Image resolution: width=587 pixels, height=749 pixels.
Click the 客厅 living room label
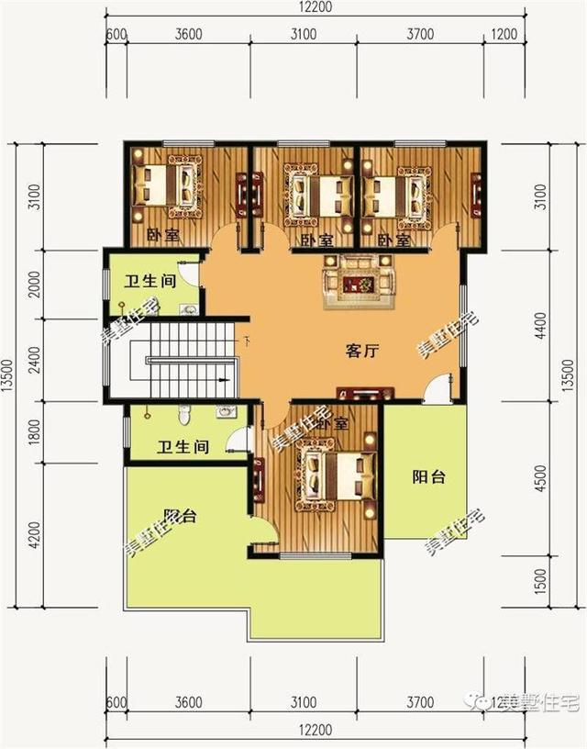click(363, 351)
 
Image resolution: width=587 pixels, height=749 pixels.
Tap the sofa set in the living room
click(358, 278)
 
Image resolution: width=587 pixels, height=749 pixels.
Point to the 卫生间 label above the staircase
click(150, 282)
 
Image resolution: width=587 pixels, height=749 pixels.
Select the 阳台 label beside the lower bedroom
click(427, 476)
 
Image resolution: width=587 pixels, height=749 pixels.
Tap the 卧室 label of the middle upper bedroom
click(316, 240)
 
